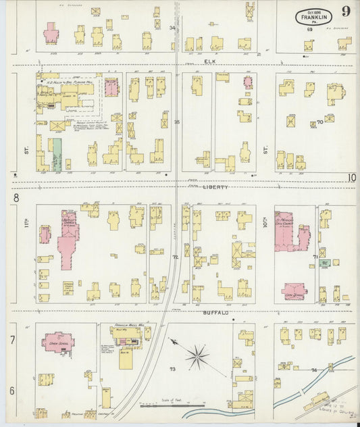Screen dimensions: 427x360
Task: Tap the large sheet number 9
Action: tap(346, 11)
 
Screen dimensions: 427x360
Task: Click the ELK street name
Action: tap(210, 61)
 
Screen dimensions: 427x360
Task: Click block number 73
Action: tap(172, 369)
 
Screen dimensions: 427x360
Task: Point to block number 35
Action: tap(177, 122)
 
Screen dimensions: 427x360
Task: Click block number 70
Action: tap(320, 122)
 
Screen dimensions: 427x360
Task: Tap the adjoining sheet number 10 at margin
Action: tap(351, 178)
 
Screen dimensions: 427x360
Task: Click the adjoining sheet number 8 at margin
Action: tap(14, 197)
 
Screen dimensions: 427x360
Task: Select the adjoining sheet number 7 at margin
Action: tap(12, 339)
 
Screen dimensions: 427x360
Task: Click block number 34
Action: tap(172, 28)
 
